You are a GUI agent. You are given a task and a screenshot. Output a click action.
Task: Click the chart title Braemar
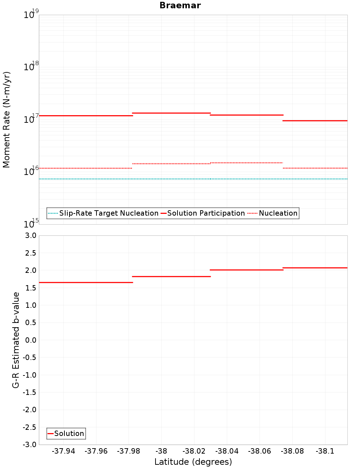coord(180,5)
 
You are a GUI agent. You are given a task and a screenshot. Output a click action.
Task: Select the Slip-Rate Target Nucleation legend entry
coord(108,213)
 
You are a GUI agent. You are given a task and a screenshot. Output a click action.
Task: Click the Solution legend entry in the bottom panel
coord(69,433)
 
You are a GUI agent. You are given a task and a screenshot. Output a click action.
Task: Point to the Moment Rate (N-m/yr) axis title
coord(6,120)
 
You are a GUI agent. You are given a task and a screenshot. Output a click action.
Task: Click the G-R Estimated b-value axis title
coord(16,340)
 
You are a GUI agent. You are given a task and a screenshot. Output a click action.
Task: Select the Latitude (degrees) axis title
coord(193,462)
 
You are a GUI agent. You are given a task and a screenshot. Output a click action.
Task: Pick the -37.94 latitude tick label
coord(63,451)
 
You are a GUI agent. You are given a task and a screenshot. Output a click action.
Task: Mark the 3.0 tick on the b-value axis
coord(30,235)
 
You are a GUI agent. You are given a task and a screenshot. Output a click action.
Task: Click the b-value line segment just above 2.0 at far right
coord(315,268)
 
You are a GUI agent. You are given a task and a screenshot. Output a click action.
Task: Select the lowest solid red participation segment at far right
coord(315,121)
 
